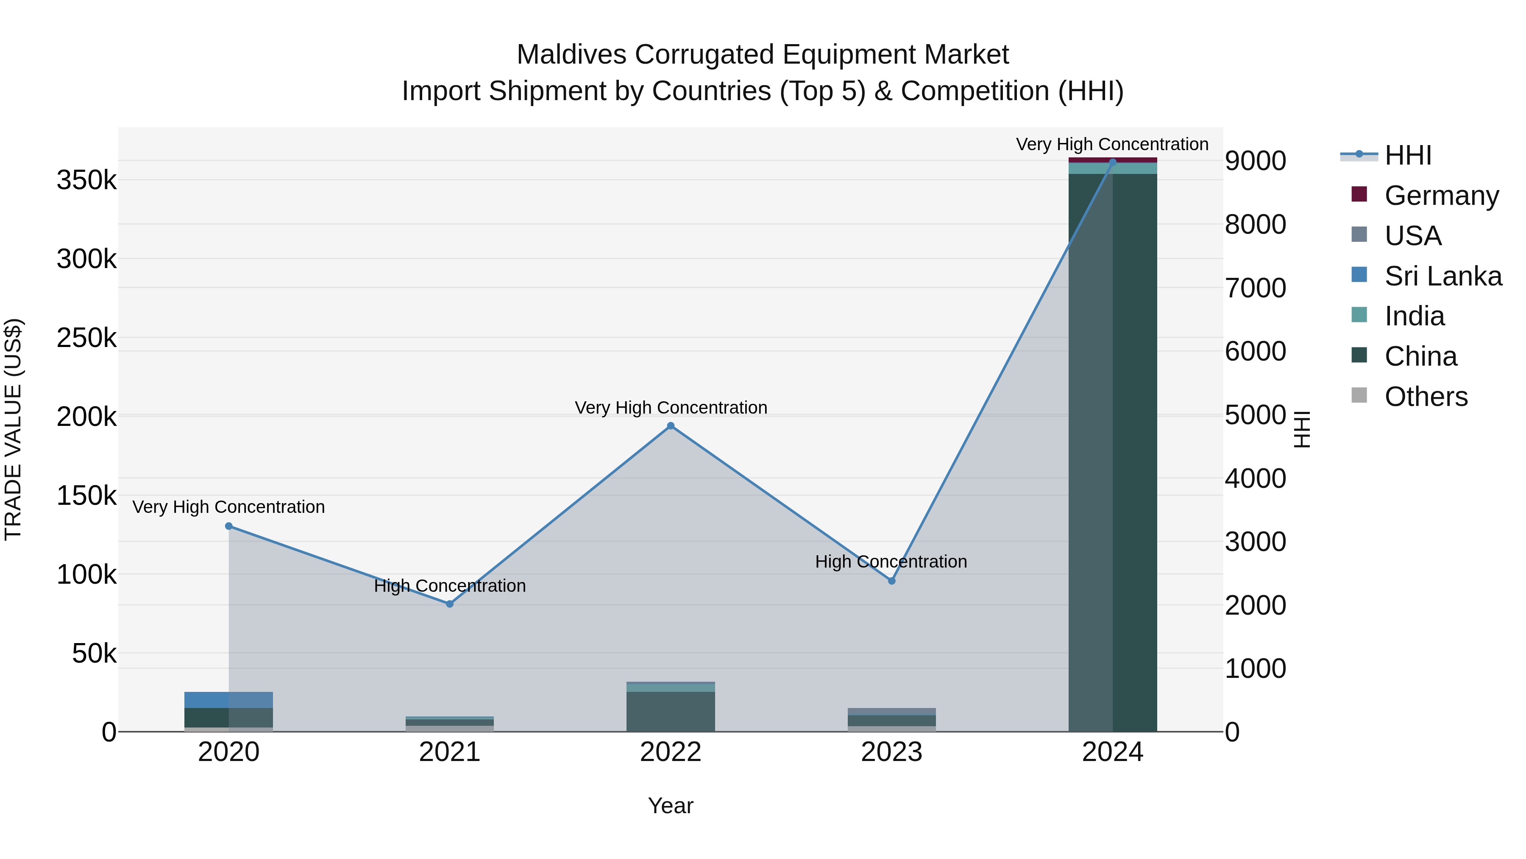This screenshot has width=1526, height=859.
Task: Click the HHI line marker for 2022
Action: [x=671, y=425]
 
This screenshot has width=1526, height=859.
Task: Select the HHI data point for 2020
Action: [x=228, y=526]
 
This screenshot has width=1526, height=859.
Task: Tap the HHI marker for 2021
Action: [x=450, y=604]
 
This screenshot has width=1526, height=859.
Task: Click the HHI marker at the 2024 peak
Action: [x=1113, y=162]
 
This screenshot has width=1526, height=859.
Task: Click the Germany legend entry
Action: [x=1441, y=196]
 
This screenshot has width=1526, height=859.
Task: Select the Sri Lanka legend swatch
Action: [x=1359, y=275]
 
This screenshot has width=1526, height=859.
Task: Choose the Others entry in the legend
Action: [x=1426, y=397]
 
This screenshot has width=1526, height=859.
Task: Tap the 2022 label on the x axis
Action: [x=671, y=752]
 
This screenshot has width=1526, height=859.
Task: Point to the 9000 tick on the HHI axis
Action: [x=1255, y=161]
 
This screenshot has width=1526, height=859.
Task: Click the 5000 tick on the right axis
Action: [x=1255, y=415]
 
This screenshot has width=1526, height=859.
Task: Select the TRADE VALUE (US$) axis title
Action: [x=14, y=429]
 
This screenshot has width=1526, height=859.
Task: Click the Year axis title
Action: [x=671, y=806]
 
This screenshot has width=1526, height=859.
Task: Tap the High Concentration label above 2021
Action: [x=450, y=586]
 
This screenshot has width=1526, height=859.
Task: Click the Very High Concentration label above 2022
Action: [x=671, y=408]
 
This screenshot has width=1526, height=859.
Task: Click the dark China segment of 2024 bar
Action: [x=1134, y=450]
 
